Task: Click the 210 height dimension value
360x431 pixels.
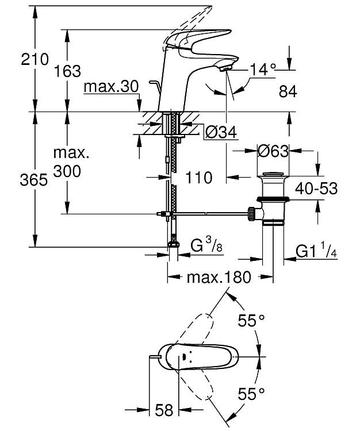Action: (x=35, y=59)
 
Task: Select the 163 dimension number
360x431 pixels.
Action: (x=67, y=71)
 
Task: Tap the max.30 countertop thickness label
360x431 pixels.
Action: (x=112, y=87)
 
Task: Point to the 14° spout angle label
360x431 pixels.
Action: (x=263, y=70)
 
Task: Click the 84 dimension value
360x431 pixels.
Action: (x=288, y=91)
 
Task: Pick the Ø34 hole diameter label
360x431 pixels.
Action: (x=221, y=133)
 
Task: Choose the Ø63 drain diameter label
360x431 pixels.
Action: (x=273, y=151)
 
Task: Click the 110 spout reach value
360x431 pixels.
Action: (x=199, y=178)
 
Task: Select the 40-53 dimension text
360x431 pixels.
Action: (x=316, y=188)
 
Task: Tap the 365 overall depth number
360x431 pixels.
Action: (x=34, y=180)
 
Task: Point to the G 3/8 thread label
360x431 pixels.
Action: (x=206, y=245)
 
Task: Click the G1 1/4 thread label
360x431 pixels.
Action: (x=316, y=251)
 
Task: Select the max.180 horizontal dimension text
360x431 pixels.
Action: (x=219, y=278)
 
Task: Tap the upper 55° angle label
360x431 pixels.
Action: (x=252, y=320)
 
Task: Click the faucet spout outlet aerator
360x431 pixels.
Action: (x=225, y=67)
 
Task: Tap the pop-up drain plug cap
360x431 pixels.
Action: (x=273, y=175)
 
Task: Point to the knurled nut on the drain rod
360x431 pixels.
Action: (x=252, y=214)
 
